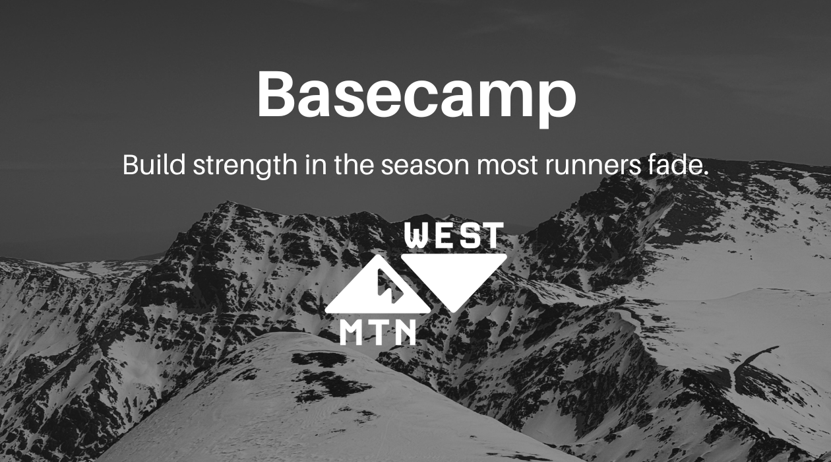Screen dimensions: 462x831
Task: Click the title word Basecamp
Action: (415, 94)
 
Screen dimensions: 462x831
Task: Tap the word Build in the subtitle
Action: (154, 165)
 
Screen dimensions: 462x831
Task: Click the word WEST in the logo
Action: (454, 236)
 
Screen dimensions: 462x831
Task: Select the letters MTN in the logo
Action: (378, 331)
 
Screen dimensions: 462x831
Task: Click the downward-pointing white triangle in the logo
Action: (454, 277)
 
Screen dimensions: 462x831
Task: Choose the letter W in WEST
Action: (417, 236)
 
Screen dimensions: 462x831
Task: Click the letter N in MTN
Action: (405, 331)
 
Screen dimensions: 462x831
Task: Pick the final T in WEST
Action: (492, 236)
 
